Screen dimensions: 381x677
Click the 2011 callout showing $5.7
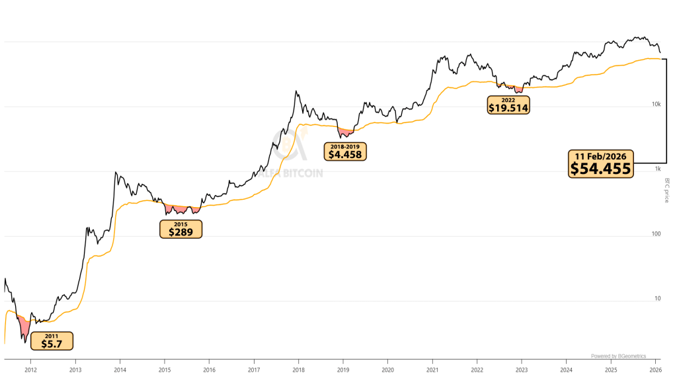pos(51,341)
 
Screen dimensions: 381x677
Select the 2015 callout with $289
pos(180,229)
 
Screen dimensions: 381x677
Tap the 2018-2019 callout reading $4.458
pos(346,151)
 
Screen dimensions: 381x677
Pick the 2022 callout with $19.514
pos(508,105)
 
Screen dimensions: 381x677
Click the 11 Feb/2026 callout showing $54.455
pos(601,163)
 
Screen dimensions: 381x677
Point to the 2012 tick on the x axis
pos(30,370)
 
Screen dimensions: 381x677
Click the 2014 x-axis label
pos(120,370)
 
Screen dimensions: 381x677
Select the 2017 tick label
pos(254,370)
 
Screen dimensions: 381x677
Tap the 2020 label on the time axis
pos(388,370)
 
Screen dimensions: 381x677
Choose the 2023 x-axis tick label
pos(522,370)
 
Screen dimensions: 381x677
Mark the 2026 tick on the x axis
pos(655,370)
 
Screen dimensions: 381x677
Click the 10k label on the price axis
pos(657,105)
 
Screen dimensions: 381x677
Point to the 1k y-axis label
pos(658,169)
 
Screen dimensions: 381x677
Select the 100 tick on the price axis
pos(657,234)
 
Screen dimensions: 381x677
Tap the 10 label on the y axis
pos(658,299)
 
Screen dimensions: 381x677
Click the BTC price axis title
pos(667,190)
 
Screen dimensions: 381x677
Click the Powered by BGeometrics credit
pos(618,356)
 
